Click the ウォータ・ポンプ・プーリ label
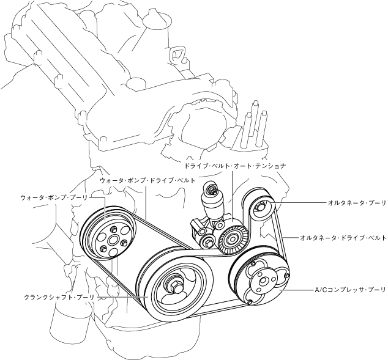[54, 197]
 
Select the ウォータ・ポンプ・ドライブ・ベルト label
[147, 182]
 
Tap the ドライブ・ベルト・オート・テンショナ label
[235, 165]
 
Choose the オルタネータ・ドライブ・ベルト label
[343, 237]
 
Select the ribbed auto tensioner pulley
[233, 237]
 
